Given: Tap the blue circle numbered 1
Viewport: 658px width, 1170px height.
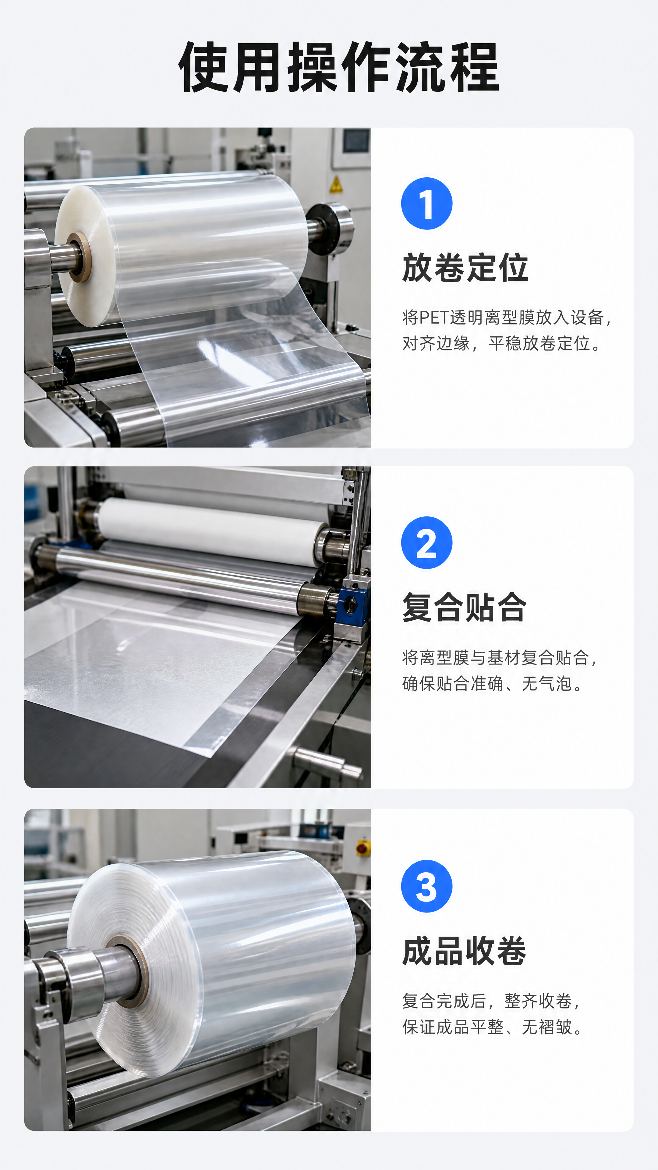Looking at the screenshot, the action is point(426,204).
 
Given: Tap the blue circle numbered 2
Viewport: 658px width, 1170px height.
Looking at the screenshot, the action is point(426,542).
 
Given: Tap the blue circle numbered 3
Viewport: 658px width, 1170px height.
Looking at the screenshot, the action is point(426,886).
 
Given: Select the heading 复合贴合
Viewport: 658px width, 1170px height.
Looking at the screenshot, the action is point(464,607).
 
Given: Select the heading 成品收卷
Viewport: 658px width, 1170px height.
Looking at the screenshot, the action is point(464,951).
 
